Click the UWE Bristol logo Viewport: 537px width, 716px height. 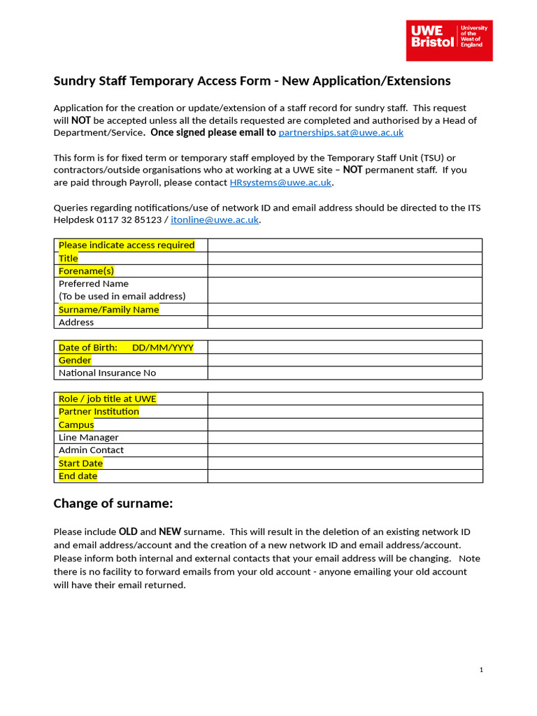pos(450,40)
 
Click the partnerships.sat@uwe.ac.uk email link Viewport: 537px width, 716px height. pos(341,132)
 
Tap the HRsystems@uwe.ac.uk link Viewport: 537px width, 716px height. pos(280,182)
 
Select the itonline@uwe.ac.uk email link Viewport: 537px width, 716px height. pos(215,220)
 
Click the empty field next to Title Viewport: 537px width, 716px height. pos(345,258)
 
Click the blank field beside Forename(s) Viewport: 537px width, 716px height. pos(345,271)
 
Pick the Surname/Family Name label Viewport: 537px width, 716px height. pos(108,309)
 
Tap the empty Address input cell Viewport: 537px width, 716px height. pos(345,322)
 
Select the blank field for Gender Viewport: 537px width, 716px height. pos(345,360)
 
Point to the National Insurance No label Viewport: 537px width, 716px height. pos(107,373)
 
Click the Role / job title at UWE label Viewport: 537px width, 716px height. pos(107,399)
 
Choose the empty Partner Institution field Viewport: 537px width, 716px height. pos(345,411)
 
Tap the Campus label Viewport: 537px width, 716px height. pos(76,424)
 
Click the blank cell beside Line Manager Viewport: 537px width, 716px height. pos(345,437)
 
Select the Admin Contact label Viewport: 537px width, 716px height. pos(91,450)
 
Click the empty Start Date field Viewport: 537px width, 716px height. pos(345,463)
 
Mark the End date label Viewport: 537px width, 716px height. pos(78,475)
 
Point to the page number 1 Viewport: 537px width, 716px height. pos(481,670)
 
